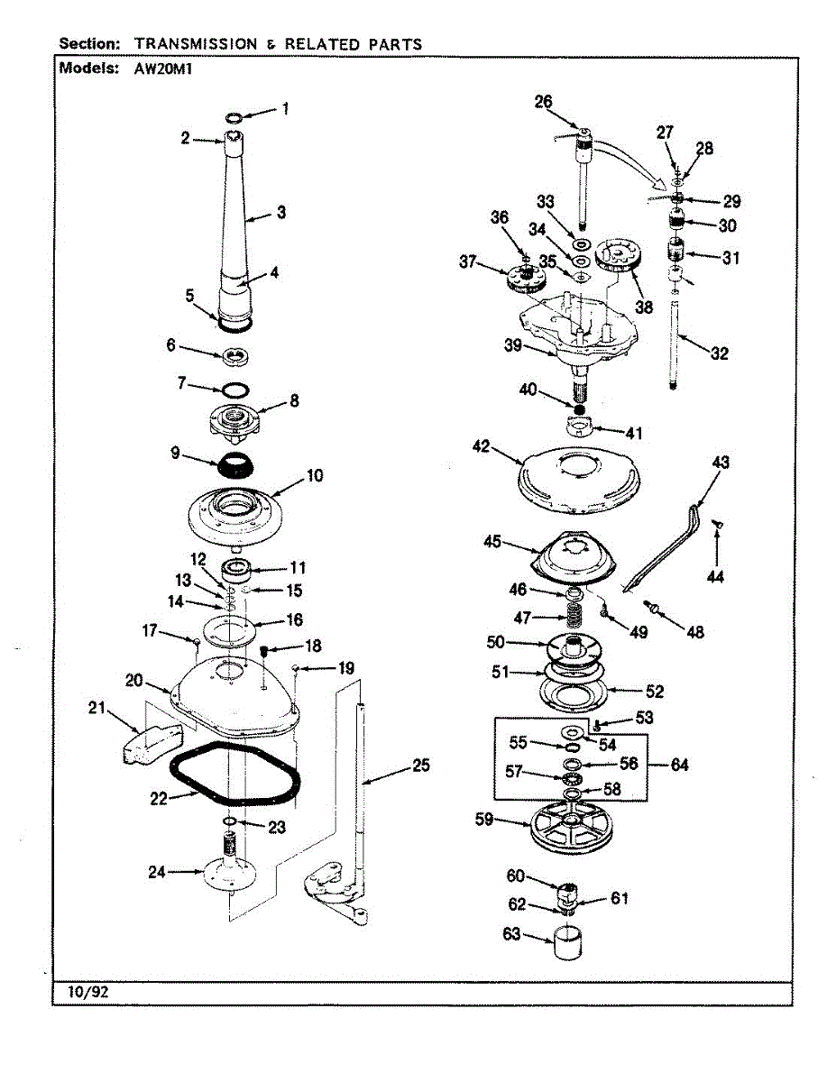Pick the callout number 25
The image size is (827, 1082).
pyautogui.click(x=421, y=766)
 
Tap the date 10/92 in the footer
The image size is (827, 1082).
pyautogui.click(x=88, y=992)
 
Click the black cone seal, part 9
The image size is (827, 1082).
pyautogui.click(x=237, y=469)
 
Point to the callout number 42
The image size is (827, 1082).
pyautogui.click(x=482, y=445)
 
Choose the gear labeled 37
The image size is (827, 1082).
pyautogui.click(x=523, y=280)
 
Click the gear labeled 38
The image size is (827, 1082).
pyautogui.click(x=620, y=255)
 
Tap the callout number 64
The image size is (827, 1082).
pyautogui.click(x=681, y=765)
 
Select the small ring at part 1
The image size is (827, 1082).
pyautogui.click(x=233, y=117)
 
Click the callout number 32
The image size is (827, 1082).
pyautogui.click(x=719, y=353)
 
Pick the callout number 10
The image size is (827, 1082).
pyautogui.click(x=315, y=475)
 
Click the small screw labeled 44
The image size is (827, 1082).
pyautogui.click(x=718, y=524)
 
